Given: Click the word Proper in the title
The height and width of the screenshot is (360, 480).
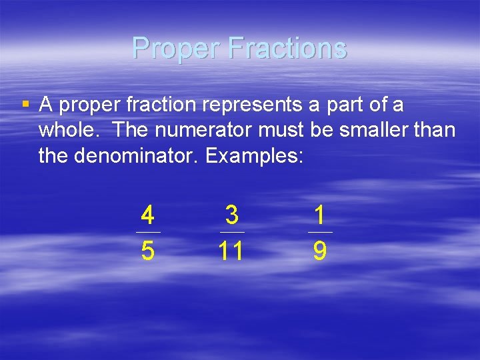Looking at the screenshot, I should (176, 48).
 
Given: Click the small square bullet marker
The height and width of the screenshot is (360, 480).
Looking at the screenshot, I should (25, 105).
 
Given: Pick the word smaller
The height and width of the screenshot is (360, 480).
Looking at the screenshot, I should (370, 131).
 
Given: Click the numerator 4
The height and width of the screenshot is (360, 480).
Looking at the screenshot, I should (148, 216).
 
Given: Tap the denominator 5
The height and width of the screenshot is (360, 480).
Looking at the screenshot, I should (148, 251).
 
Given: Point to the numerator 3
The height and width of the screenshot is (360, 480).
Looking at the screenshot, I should (232, 215).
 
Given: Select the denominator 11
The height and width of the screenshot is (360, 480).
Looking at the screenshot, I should (231, 251).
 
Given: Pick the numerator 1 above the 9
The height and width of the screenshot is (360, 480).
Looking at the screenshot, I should (320, 215).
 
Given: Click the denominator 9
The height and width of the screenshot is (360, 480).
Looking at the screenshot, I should (320, 251).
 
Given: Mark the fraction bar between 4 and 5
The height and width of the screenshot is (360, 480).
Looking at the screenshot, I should (148, 232).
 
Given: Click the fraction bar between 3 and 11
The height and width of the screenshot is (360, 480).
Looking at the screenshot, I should (232, 232).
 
